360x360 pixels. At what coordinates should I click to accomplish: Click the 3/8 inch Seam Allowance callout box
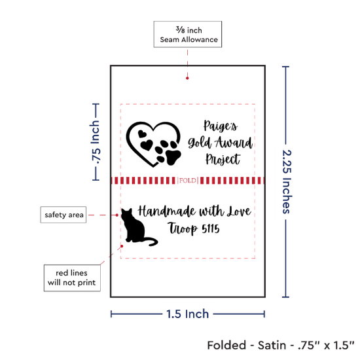coord(188,34)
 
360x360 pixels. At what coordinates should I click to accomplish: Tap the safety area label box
coord(63,215)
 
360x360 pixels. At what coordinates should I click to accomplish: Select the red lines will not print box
coord(72,278)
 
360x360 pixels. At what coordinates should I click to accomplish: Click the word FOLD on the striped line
coord(188,181)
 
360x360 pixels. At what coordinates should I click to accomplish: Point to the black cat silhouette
coord(135,227)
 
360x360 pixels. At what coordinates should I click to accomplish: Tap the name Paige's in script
coord(221,126)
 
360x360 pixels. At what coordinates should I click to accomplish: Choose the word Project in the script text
coord(223,159)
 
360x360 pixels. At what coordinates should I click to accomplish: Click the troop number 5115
coord(211,229)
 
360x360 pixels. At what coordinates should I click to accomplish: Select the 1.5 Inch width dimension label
coord(187,314)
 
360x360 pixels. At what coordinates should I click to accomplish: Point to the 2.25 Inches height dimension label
coord(287,182)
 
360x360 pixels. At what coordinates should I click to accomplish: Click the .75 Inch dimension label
coord(95,142)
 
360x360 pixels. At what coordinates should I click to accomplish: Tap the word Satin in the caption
coord(272,346)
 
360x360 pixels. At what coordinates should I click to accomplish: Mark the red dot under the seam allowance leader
coord(187,79)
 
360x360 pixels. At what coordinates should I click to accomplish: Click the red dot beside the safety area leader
coord(117,215)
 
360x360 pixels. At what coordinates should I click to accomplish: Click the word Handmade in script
coord(167,211)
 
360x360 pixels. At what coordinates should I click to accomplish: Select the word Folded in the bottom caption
coord(226,346)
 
